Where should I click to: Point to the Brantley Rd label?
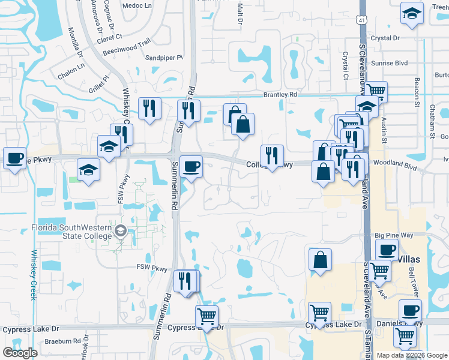pyautogui.click(x=280, y=95)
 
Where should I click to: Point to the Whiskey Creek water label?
pyautogui.click(x=34, y=274)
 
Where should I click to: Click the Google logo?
pyautogui.click(x=20, y=353)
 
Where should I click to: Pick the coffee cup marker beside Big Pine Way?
pyautogui.click(x=387, y=248)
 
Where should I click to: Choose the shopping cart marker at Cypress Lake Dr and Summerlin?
pyautogui.click(x=206, y=316)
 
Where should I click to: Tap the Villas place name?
pyautogui.click(x=412, y=259)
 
